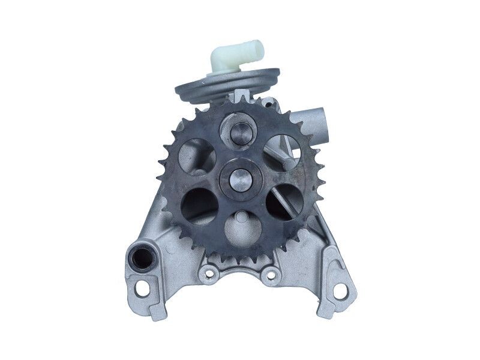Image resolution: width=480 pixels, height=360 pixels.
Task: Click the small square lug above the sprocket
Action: click(x=241, y=97)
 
